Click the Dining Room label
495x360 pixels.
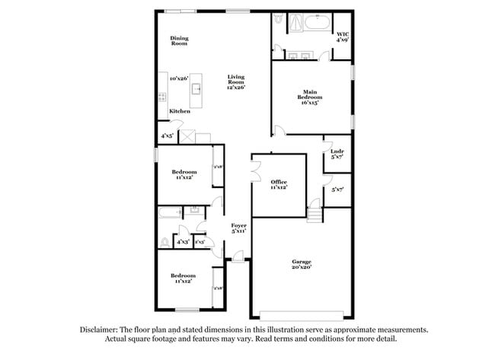pos(179,41)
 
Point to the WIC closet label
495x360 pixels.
pos(343,37)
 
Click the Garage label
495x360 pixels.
pos(301,264)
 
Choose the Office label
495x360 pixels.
pos(279,184)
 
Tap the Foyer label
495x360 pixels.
pos(238,228)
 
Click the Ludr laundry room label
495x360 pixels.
pos(337,154)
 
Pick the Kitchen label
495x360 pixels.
pos(180,112)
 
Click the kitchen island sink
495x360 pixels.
pos(196,88)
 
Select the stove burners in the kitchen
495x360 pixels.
pos(162,96)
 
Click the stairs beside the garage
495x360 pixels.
pos(315,207)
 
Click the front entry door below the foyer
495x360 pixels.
pos(238,260)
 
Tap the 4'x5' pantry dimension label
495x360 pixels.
pos(166,136)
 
